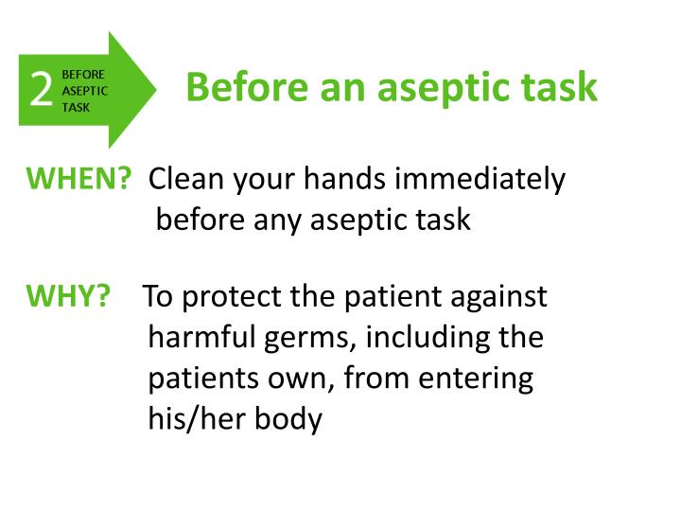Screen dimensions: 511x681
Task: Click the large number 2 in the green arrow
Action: click(41, 90)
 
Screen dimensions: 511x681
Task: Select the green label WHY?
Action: click(67, 296)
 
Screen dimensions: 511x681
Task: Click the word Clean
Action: click(186, 178)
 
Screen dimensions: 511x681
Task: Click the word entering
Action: click(476, 379)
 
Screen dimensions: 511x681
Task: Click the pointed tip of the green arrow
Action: click(155, 90)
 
